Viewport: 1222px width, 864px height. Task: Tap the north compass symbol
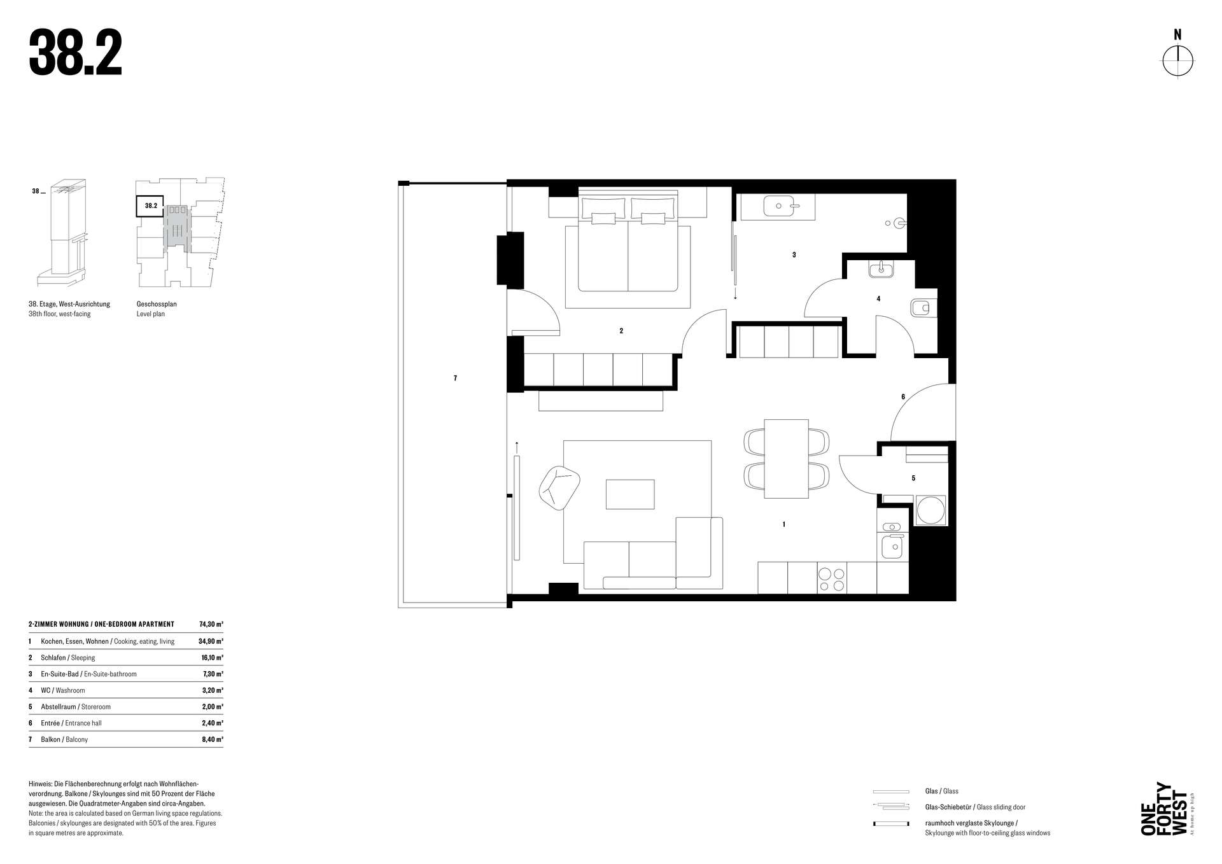[x=1177, y=62]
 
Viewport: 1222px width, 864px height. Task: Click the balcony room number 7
[x=455, y=379]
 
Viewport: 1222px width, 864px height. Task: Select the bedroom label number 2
[x=621, y=331]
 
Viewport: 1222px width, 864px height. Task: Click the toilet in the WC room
[x=920, y=309]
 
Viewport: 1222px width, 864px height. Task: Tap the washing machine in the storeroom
[x=931, y=510]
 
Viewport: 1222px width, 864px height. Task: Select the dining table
[x=786, y=459]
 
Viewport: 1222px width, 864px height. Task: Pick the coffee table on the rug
[x=630, y=494]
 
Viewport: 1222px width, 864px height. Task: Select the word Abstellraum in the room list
[x=59, y=707]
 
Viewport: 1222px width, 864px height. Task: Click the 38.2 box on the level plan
[x=150, y=206]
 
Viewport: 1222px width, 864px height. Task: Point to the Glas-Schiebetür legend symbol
[x=891, y=807]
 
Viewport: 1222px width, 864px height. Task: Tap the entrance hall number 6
[x=903, y=397]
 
